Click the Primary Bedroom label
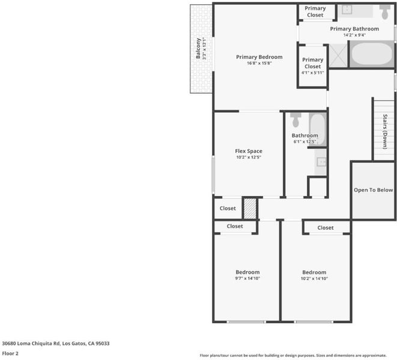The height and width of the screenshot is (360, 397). pos(259,57)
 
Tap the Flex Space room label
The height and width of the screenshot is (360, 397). pos(249,151)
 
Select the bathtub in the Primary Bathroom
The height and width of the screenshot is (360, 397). pos(372,54)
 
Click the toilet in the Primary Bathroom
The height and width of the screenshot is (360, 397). pos(384,12)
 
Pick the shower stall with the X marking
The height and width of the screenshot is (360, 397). pos(338,55)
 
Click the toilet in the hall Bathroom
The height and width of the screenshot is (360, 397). pos(295,120)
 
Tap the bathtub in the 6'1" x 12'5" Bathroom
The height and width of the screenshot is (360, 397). pos(318,129)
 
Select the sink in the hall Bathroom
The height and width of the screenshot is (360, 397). pos(321,161)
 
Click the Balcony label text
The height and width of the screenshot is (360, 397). pos(198,49)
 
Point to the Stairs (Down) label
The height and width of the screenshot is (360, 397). pos(385,131)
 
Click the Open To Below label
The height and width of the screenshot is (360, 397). pos(373,190)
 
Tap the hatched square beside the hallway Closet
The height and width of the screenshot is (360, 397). pos(250,209)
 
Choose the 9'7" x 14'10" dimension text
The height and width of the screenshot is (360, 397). pos(247,278)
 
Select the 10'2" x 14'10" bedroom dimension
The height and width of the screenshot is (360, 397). pos(314,278)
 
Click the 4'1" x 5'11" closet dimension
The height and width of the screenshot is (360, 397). pos(313,73)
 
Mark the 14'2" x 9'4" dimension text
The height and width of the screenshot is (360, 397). pos(354,35)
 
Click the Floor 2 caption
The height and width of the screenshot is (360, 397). pos(10,353)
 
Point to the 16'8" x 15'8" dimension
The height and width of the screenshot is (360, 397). pos(259,63)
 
